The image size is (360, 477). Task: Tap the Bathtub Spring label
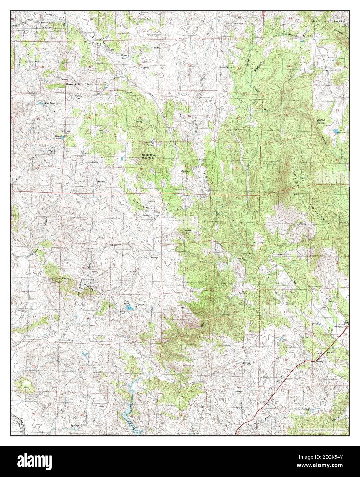(321, 121)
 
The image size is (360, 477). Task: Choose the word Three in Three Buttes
(66, 278)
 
